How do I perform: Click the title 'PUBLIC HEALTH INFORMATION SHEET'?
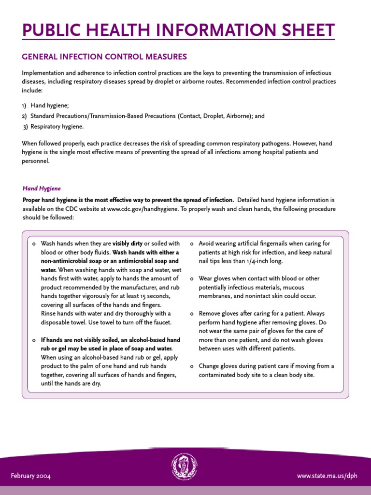(178, 30)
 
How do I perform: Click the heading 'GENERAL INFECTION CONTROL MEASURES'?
(104, 57)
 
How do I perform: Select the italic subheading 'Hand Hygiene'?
(42, 189)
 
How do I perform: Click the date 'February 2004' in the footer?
(31, 476)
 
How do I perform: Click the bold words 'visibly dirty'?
(128, 244)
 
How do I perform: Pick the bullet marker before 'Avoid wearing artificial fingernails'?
(192, 244)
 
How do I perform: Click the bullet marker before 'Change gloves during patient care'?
(192, 366)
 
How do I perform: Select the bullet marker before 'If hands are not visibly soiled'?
(33, 340)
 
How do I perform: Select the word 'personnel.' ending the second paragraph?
(36, 161)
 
